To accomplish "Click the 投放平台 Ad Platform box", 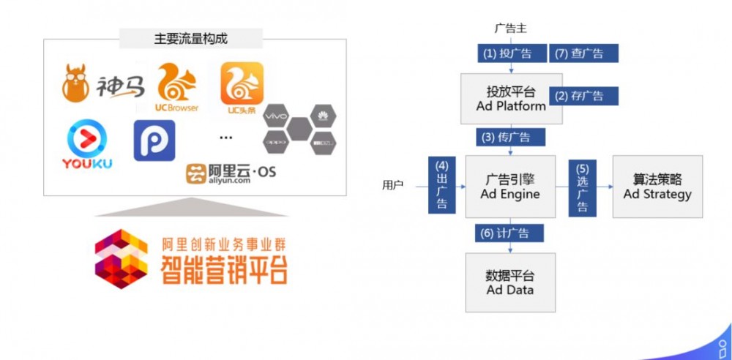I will [x=511, y=99].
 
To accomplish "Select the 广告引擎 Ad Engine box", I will [x=510, y=186].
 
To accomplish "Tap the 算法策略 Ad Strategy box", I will [x=657, y=186].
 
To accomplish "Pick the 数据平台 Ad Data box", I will [x=510, y=282].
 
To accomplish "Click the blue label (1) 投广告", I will [x=502, y=53].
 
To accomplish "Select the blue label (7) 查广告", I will [x=583, y=53].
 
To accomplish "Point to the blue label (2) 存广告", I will [x=583, y=95].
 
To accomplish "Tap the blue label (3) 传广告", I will [x=510, y=137].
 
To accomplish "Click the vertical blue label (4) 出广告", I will [x=442, y=184].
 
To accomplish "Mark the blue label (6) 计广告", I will [x=510, y=233].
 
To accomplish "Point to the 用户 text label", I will [x=393, y=185].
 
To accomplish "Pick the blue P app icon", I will [x=154, y=140].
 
